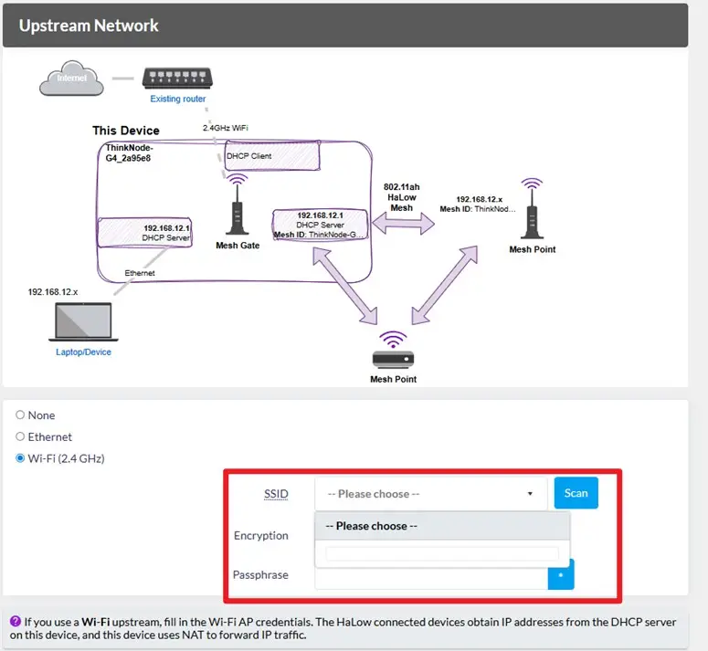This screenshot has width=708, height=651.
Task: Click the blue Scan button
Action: [576, 493]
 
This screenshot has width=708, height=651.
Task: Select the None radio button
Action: [20, 415]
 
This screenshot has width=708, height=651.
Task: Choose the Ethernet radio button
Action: [20, 436]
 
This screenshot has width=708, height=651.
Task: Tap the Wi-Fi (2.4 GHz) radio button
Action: [20, 458]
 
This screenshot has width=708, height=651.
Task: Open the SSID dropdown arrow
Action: [530, 494]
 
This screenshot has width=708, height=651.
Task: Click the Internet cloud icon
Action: [71, 78]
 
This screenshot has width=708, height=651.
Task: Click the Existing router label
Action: [178, 99]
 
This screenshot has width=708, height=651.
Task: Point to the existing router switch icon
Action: [177, 78]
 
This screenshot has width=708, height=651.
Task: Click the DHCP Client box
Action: [272, 155]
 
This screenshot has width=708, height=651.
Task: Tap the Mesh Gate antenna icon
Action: [237, 205]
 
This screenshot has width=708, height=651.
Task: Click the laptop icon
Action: [83, 321]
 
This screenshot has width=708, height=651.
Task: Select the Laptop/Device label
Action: [83, 352]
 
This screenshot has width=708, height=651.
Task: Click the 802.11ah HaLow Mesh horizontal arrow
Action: [403, 224]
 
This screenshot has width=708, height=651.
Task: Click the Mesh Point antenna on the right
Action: [532, 208]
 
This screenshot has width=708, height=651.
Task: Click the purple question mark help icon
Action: [16, 621]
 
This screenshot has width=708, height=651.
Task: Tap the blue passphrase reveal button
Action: [561, 574]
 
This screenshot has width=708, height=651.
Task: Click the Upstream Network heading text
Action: [89, 26]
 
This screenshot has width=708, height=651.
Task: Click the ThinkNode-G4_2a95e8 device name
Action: [129, 153]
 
